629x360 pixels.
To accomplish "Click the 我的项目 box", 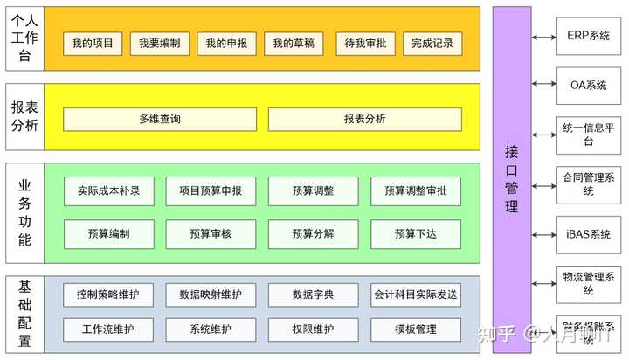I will (93, 44).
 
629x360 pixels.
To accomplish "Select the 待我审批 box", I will (365, 44).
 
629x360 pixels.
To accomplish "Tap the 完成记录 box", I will (432, 44).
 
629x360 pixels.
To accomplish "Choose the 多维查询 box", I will (160, 119).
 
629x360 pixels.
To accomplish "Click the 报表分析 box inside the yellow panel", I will (364, 119).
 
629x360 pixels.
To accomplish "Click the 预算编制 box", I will (109, 233).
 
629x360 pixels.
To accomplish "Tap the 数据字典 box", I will (313, 294).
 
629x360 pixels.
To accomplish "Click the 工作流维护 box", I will (109, 329).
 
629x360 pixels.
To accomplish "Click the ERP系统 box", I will (588, 37).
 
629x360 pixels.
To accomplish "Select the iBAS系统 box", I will (588, 234).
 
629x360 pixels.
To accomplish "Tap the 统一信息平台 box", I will (588, 135).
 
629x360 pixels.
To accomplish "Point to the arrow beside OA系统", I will (543, 86).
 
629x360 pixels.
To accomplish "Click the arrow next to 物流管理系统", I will (543, 284).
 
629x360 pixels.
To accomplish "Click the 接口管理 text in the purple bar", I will (512, 178).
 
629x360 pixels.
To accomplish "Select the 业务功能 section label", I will (24, 212).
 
